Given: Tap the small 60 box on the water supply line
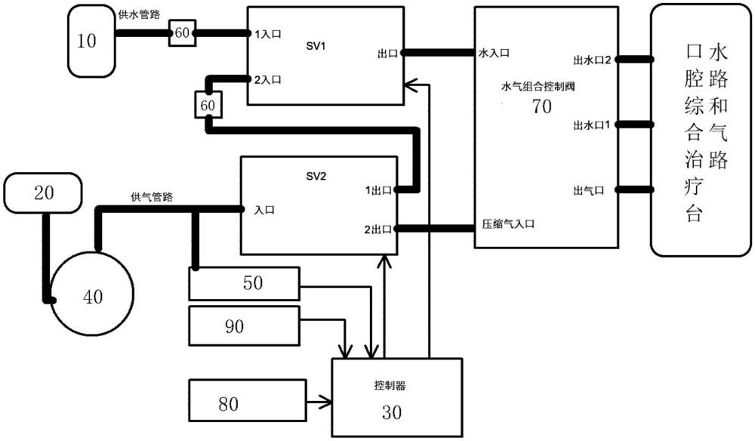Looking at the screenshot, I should point(182,33).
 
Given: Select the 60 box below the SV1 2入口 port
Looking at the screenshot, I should point(208,106).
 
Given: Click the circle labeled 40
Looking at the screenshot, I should point(91,297).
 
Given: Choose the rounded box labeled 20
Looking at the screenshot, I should point(43,193).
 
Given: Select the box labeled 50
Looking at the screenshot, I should point(244,283).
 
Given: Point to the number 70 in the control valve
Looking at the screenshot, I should point(542,106).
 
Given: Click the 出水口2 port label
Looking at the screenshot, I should point(593,58).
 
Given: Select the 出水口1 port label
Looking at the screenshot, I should point(593,124).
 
